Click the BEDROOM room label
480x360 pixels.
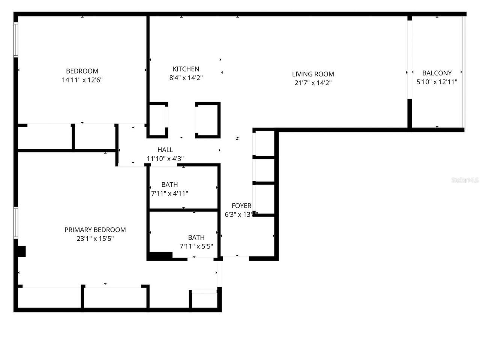coord(82,71)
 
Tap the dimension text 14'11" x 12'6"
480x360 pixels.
coord(82,80)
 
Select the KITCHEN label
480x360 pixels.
coord(186,69)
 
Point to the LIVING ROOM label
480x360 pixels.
coord(313,74)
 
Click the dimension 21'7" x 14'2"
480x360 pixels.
coord(313,83)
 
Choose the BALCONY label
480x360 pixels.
coord(437,73)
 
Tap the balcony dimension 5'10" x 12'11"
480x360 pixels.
coord(437,82)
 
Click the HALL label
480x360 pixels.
coord(165,150)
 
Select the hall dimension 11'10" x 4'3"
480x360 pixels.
coord(165,159)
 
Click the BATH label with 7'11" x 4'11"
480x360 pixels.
coord(169,184)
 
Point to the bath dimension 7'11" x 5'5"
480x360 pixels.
coord(196,246)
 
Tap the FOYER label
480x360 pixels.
coord(241,205)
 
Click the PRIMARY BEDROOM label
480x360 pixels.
coord(95,230)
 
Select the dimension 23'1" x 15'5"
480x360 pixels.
coord(95,238)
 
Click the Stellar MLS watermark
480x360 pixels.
coord(465,180)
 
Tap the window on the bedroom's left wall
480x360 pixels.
coord(16,39)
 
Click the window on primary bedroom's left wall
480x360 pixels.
coord(16,222)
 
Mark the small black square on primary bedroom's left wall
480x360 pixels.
coord(21,251)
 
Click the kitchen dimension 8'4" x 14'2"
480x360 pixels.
coord(186,78)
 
